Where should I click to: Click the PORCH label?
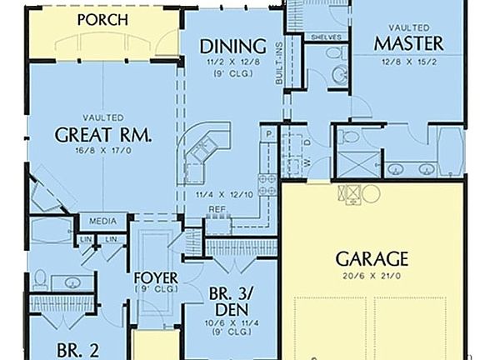tap(102, 18)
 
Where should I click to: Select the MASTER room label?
tap(408, 42)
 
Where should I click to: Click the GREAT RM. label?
tap(103, 135)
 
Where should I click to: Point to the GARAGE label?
tap(372, 257)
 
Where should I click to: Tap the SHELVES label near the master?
tap(325, 37)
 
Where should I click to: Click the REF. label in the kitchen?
tap(217, 209)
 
